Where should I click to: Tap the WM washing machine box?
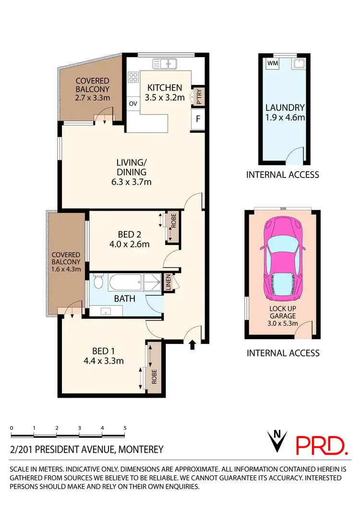tap(272, 63)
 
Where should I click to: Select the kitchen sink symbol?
tap(165, 63)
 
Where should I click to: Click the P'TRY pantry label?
tap(198, 97)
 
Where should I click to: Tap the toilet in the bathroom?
tap(98, 281)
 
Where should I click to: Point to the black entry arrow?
tap(192, 344)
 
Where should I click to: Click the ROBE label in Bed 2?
tap(172, 227)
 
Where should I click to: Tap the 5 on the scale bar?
tap(125, 427)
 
